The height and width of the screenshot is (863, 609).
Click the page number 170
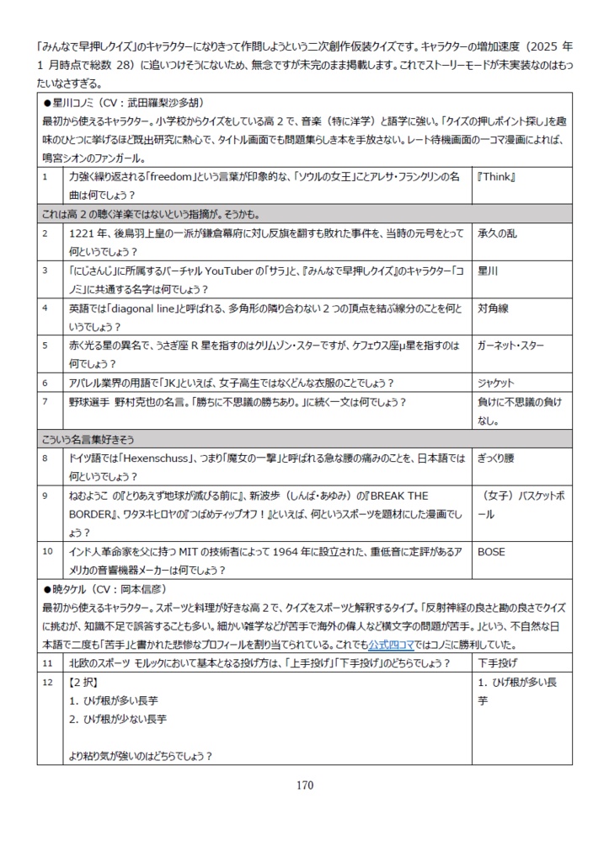304,785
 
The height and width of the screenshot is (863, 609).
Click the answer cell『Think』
496,178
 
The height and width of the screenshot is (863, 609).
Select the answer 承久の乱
499,233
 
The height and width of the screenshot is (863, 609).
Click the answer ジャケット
495,383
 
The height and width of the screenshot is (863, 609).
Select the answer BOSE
491,553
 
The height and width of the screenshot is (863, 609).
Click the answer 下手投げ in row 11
499,662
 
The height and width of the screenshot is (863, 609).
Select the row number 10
47,553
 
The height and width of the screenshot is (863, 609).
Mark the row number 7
45,401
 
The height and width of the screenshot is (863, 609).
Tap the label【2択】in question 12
84,682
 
